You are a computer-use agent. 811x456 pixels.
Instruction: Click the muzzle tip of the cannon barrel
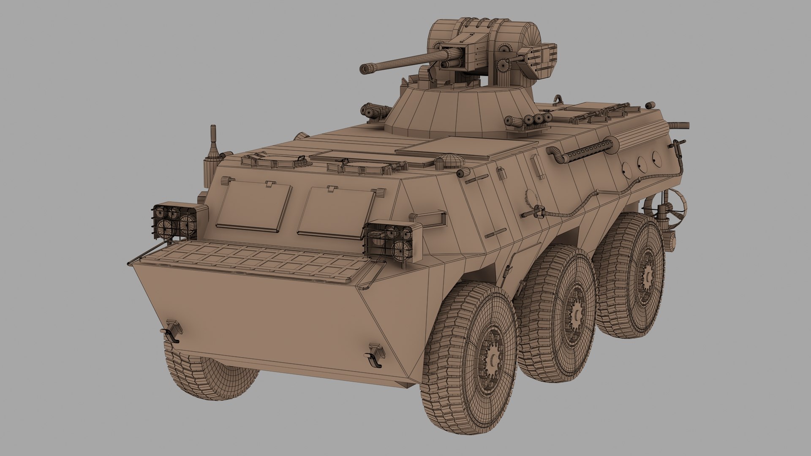coord(364,68)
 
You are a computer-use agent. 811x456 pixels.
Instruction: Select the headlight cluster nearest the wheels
coord(392,242)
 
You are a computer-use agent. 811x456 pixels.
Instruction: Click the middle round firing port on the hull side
coord(641,163)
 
